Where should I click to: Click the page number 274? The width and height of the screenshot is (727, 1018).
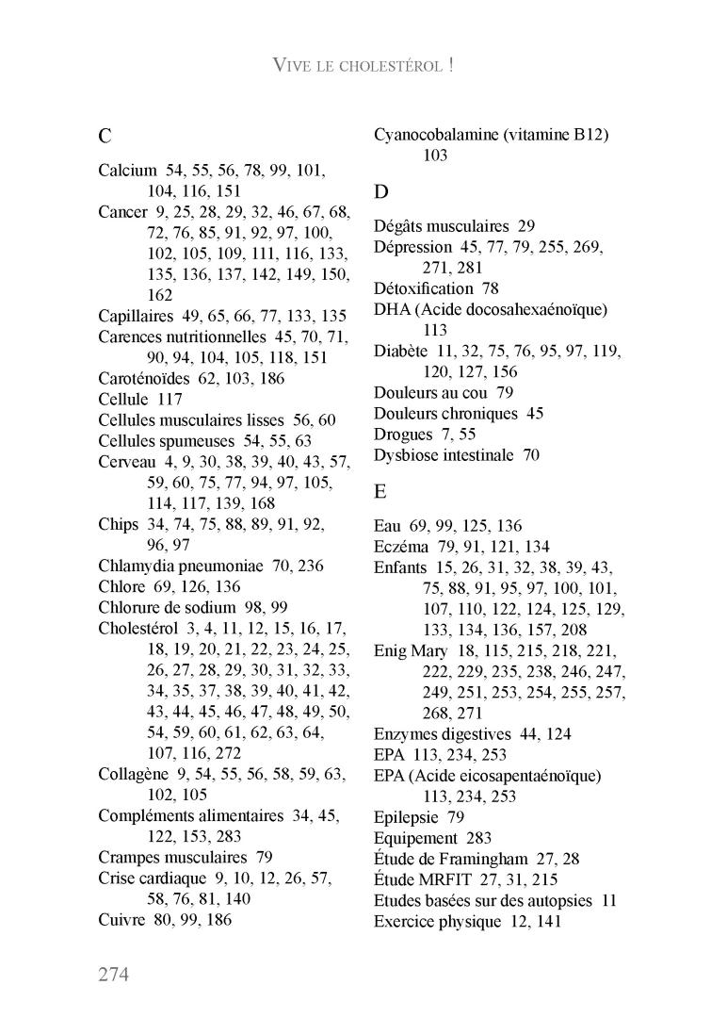(113, 973)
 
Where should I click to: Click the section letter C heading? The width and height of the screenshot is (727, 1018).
(105, 136)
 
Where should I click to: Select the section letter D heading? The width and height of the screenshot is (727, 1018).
(381, 192)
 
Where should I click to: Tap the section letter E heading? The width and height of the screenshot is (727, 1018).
(380, 491)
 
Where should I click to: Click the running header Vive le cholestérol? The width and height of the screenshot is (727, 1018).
(363, 65)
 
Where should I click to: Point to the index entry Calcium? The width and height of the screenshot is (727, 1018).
(127, 171)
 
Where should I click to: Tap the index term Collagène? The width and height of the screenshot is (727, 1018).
(133, 774)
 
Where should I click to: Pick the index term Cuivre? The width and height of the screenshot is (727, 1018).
(121, 919)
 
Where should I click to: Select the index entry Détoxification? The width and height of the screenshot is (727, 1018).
(423, 288)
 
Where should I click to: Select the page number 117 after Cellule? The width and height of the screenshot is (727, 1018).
(170, 399)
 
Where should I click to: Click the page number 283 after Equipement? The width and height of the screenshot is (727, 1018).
(478, 838)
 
